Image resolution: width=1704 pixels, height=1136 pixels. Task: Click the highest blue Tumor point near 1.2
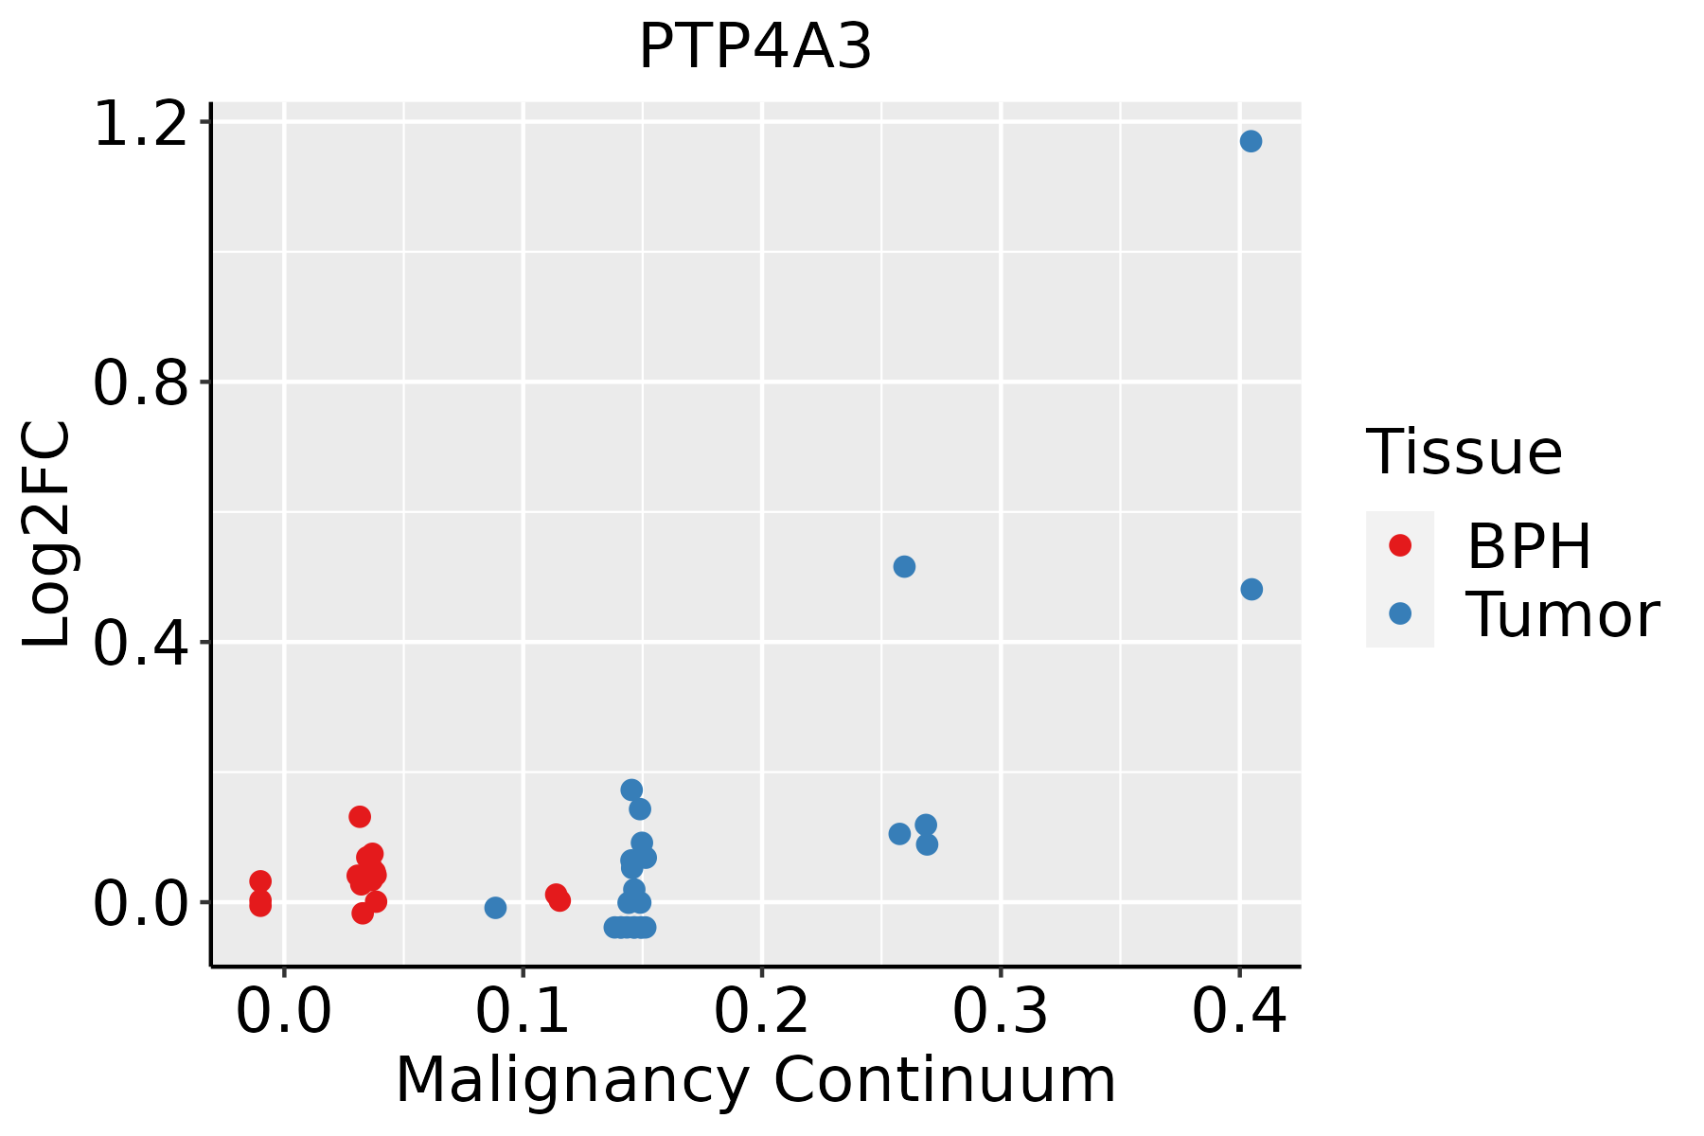click(x=1251, y=141)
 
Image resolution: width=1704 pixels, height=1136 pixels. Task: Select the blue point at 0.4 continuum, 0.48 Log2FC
click(x=1251, y=589)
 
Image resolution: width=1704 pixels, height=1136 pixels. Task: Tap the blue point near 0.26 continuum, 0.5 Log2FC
click(x=904, y=566)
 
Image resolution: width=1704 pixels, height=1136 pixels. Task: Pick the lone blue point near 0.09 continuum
click(x=495, y=908)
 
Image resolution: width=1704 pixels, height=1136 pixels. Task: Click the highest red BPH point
click(x=360, y=816)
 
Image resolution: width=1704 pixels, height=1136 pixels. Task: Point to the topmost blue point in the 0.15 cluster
click(x=631, y=790)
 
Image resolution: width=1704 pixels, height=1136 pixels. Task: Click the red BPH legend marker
click(x=1399, y=545)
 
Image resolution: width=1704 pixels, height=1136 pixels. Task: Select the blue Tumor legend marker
click(x=1399, y=613)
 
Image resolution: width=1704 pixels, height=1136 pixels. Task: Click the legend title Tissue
click(x=1464, y=453)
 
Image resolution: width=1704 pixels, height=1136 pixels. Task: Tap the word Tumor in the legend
click(x=1562, y=615)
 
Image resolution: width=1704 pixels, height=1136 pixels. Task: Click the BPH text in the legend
click(x=1528, y=546)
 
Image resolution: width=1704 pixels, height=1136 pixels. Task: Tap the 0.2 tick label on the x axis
click(x=761, y=1011)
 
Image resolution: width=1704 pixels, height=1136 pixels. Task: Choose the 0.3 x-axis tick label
click(x=1000, y=1011)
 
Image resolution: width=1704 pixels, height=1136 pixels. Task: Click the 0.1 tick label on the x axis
click(x=523, y=1011)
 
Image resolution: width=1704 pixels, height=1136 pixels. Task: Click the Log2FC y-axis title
click(x=47, y=534)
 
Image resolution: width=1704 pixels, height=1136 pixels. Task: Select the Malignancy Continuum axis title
click(x=755, y=1080)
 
